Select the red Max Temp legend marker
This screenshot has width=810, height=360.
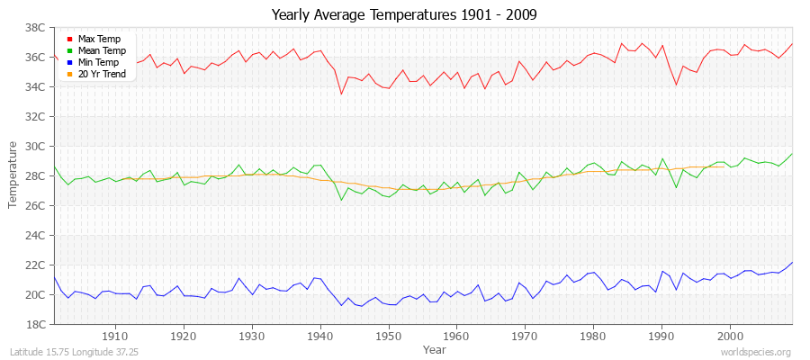tap(69, 40)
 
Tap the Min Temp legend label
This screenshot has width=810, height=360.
tap(98, 63)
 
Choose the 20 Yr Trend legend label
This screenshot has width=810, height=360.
tap(102, 75)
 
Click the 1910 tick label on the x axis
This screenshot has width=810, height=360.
tap(115, 337)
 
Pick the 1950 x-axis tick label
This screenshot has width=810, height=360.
tap(388, 337)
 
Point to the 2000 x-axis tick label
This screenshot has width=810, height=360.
tap(729, 337)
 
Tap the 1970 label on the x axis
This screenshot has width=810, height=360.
tap(525, 337)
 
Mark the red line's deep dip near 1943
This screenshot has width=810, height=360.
tap(341, 94)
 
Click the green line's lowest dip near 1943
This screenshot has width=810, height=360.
tap(341, 199)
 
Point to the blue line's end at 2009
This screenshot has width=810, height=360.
tap(792, 262)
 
